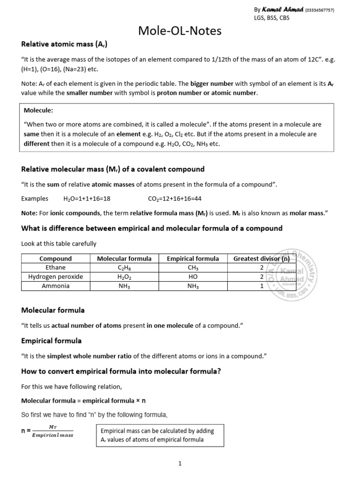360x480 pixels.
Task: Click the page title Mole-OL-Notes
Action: point(180,31)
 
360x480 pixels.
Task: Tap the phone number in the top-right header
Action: point(320,10)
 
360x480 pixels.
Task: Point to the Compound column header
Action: point(55,259)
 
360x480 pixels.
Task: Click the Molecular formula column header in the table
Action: point(124,259)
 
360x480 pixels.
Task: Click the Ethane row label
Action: point(55,268)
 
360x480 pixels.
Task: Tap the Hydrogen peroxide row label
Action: point(55,277)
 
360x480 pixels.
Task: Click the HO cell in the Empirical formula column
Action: point(193,277)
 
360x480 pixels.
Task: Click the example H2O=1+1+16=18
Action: point(87,198)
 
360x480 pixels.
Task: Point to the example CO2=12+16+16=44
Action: point(175,198)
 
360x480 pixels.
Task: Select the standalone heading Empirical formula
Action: point(51,340)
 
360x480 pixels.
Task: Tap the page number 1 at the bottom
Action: point(180,464)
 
